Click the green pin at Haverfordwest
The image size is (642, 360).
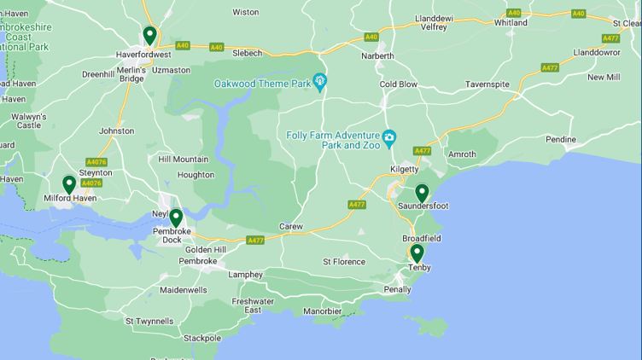point(149,35)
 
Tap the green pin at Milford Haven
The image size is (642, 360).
point(69,183)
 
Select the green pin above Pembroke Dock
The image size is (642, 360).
point(176,218)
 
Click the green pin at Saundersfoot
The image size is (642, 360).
point(421,192)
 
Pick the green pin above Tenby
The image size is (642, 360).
point(417,253)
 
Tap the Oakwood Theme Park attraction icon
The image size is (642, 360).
point(320,82)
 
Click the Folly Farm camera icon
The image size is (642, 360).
point(389,136)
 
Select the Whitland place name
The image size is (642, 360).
point(511,23)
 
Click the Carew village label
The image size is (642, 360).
point(291,226)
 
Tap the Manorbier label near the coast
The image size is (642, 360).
point(322,311)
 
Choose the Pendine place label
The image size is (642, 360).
point(561,139)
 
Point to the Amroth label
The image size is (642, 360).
point(462,154)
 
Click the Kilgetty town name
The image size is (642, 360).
point(404,170)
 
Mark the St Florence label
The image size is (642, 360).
point(344,262)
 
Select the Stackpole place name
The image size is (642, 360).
point(202,338)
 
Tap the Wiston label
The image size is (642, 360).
point(246,12)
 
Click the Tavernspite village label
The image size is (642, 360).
point(487,84)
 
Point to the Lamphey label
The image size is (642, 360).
point(245,275)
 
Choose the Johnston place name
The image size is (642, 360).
point(116,131)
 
